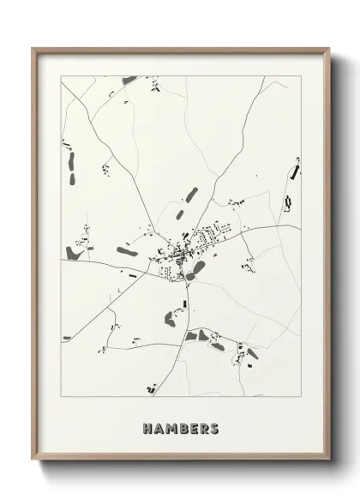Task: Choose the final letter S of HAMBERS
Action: point(213,426)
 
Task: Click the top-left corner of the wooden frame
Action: point(33,49)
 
